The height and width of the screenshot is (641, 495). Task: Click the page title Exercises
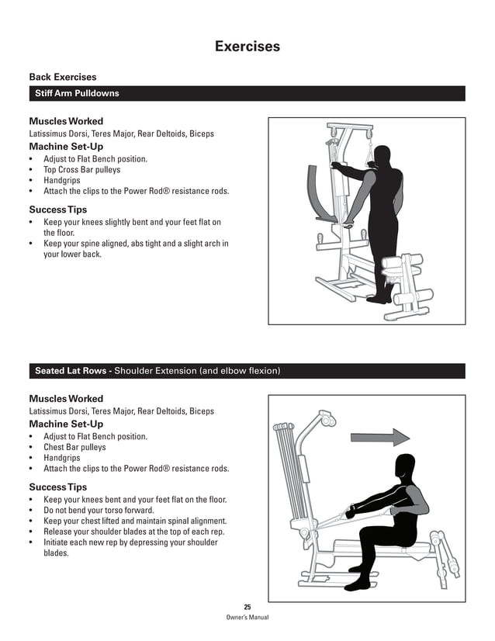tap(247, 47)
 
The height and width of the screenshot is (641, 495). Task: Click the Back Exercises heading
tap(63, 77)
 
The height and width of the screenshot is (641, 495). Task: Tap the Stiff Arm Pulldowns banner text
tap(77, 93)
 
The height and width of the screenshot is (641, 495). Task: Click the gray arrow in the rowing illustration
tap(379, 438)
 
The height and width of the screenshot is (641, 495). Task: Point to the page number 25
tap(247, 607)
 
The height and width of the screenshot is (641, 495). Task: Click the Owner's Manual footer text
tap(247, 618)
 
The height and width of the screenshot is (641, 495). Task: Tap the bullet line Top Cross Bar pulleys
tap(81, 170)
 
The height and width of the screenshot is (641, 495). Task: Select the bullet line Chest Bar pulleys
tap(74, 447)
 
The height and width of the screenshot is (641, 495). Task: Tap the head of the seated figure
tap(407, 467)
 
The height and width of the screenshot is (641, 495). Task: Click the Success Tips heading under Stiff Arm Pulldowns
tap(58, 210)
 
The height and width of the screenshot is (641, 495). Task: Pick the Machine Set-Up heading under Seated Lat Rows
tap(66, 424)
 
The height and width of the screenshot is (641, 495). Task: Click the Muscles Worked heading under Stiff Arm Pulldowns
tap(66, 121)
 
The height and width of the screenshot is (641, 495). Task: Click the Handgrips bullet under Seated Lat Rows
tap(61, 458)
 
